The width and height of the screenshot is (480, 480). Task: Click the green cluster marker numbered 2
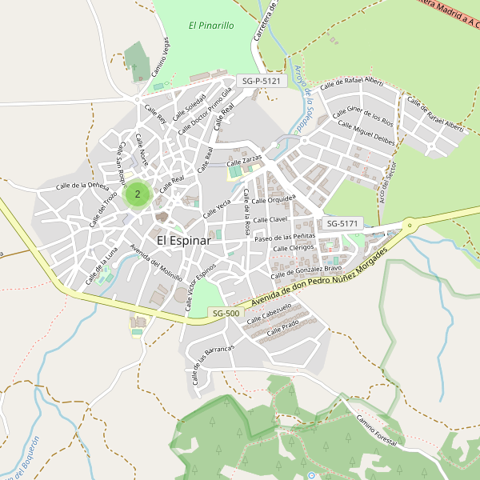click(138, 194)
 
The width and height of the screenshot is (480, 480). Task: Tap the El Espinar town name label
click(183, 240)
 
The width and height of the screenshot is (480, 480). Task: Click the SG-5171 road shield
click(343, 223)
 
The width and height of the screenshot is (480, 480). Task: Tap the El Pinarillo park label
click(211, 26)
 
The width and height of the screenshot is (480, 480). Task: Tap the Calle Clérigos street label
click(294, 249)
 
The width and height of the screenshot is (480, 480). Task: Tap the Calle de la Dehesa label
click(82, 186)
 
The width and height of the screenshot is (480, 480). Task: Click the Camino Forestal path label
click(377, 433)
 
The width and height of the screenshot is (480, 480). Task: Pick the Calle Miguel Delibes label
click(367, 133)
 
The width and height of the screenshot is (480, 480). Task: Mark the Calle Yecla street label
click(217, 209)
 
